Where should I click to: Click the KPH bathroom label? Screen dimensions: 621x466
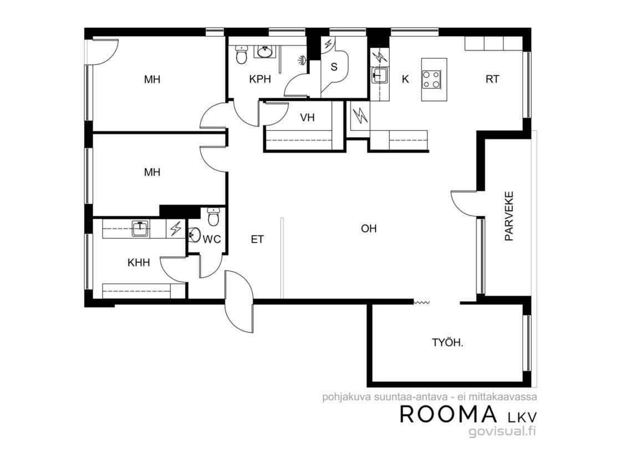coord(260,79)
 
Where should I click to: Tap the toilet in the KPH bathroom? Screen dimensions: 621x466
coord(241,55)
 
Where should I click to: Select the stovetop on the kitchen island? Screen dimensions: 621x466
coord(431,78)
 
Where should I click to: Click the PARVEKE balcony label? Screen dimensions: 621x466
coord(509,216)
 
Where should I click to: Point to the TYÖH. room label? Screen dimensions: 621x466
coord(447,342)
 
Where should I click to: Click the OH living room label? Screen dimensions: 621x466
coord(369,228)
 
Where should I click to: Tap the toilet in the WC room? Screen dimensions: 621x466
coord(213,217)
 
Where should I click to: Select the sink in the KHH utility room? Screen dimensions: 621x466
coord(141,229)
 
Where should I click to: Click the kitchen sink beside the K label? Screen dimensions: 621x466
coord(379,75)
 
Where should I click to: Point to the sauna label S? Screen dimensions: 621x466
coord(334,67)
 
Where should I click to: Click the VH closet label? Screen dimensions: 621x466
coord(307,117)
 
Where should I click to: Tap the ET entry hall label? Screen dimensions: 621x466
coord(257,239)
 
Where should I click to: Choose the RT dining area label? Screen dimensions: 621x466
coord(492,79)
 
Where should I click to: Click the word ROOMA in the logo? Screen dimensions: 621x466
coord(449,414)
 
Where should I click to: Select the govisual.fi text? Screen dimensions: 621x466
coord(502,432)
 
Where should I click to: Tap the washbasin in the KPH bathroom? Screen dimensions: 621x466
coord(264,52)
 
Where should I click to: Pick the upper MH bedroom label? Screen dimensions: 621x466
coord(152,79)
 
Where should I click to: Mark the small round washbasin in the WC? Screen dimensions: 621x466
coord(194,235)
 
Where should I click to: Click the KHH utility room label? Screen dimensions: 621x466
coord(139,262)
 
